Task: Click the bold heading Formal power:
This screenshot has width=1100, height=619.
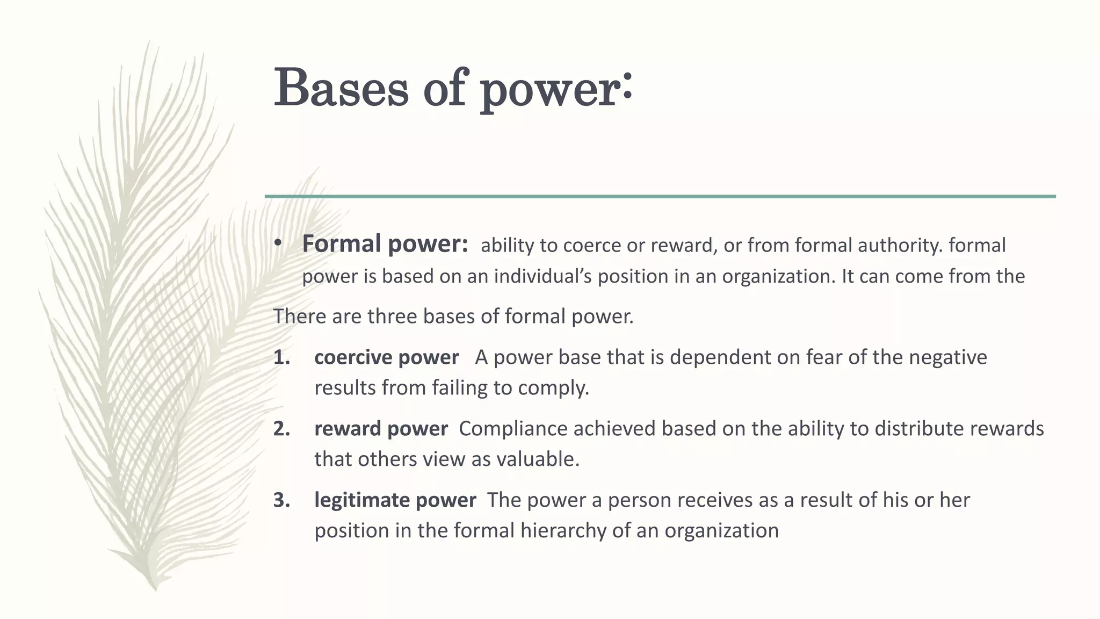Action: [385, 244]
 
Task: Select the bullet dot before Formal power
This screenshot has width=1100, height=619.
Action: [277, 244]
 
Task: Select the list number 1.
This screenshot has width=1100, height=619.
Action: [281, 357]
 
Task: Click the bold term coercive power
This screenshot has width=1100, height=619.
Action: [386, 357]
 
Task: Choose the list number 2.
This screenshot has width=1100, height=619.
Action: [281, 429]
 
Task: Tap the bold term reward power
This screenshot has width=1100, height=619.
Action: [381, 429]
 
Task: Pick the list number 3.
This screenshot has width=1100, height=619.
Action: [281, 500]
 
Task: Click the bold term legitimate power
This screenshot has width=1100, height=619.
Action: [395, 500]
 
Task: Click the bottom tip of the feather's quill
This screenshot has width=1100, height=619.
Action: [155, 589]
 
